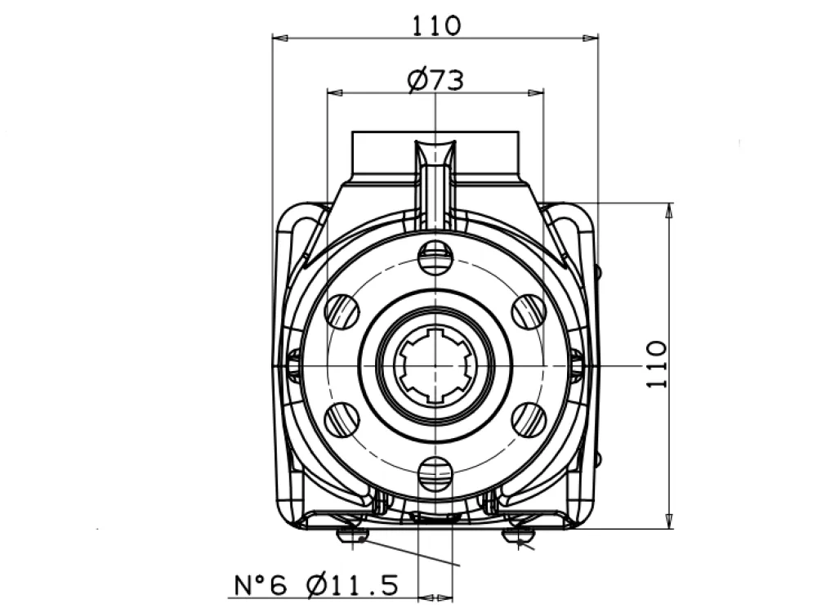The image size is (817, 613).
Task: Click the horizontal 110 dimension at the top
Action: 436,25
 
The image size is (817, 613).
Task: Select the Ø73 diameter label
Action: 435,80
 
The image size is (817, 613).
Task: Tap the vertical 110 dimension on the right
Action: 657,365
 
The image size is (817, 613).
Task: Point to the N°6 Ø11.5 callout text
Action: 316,585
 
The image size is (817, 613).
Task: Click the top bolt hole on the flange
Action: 435,256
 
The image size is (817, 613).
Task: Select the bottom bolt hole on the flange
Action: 435,473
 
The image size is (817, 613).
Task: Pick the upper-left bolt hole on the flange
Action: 342,311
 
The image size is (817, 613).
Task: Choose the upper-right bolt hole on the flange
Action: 529,311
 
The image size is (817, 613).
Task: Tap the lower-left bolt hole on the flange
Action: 342,419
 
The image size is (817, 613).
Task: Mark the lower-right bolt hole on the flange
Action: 529,419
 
